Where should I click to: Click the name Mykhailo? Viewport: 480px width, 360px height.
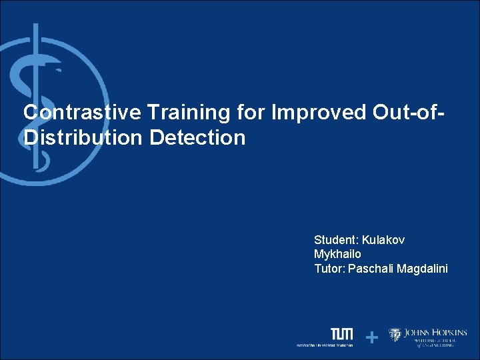[x=337, y=254]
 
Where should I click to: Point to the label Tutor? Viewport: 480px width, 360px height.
[x=329, y=269]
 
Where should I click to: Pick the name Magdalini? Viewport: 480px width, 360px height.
[x=425, y=269]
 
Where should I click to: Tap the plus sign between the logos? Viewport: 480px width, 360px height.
[x=372, y=338]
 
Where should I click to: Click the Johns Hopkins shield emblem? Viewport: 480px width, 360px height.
[x=395, y=335]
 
